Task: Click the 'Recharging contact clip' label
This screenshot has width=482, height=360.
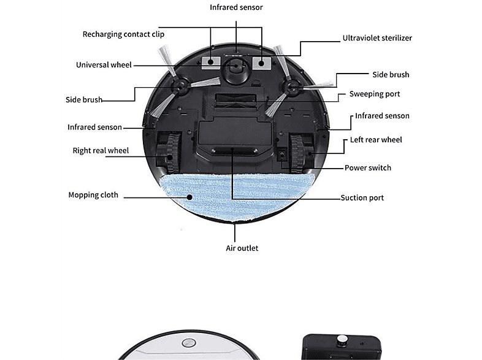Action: pos(123,34)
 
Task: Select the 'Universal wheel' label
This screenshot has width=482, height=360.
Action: pos(104,65)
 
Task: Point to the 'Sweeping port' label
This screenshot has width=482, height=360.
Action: pos(374,94)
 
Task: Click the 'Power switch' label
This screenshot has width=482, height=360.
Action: pos(367,167)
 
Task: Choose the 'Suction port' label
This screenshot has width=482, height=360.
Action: pos(362,197)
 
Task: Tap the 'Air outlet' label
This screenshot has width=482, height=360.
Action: pos(242,248)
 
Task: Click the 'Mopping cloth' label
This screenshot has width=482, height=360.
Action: pos(93,195)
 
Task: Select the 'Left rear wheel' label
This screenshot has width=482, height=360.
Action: pos(376,140)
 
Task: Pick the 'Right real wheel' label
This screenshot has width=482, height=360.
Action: pos(101,150)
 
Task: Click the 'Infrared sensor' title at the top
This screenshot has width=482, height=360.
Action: pos(236,7)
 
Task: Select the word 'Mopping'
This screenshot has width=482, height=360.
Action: pos(83,195)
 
